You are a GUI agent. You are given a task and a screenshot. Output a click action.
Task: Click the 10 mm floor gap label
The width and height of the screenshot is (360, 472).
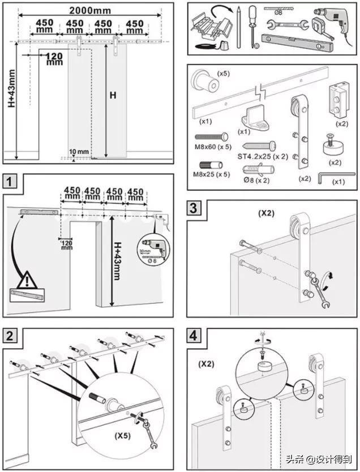(80, 152)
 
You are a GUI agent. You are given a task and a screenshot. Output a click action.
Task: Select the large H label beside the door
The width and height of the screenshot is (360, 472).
(112, 96)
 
